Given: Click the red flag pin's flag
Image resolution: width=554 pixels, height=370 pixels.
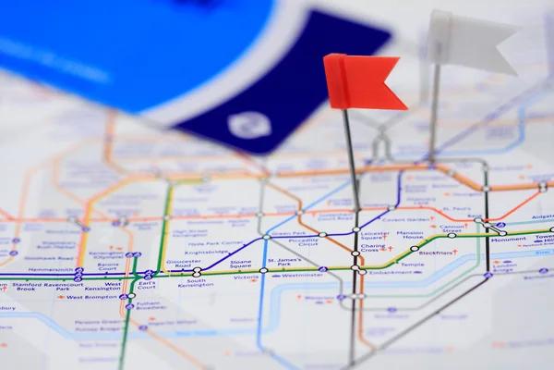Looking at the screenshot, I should tap(361, 82).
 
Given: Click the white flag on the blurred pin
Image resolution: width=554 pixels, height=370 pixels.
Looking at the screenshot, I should tap(470, 41).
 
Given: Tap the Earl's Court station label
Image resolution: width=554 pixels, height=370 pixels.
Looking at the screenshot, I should tap(146, 285).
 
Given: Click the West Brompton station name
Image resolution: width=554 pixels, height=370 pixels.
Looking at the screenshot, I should tap(92, 297).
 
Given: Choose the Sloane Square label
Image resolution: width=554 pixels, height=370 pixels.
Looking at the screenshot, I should tap(240, 264).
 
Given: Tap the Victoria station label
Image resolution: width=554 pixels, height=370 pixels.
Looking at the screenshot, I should tap(246, 277).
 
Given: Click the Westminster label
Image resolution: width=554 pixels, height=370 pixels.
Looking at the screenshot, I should tap(297, 276).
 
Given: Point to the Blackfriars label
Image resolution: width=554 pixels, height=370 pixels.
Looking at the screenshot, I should tap(436, 253).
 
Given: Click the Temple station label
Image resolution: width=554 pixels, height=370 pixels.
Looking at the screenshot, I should tap(412, 265).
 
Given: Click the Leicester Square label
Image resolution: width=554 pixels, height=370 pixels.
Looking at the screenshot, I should tap(375, 235).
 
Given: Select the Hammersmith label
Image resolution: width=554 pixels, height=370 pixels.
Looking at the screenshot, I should tap(51, 270).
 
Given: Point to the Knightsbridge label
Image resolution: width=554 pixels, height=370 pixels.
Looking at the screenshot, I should tap(206, 252).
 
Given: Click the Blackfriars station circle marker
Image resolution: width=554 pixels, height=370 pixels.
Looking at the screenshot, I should tap(415, 248).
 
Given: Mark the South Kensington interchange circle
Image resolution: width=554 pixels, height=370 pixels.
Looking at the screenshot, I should tap(197, 273).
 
